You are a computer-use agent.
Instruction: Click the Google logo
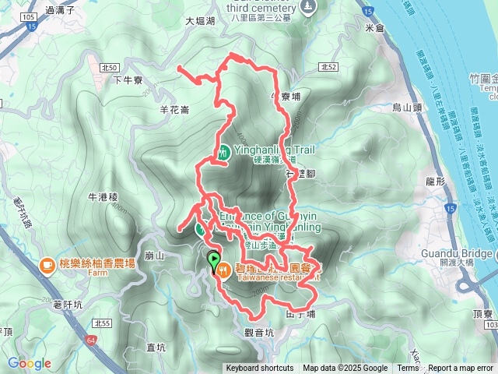tap(30, 364)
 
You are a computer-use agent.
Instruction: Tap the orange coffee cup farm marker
tap(47, 265)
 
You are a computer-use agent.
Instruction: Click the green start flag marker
tap(213, 262)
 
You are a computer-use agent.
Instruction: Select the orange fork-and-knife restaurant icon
tap(224, 270)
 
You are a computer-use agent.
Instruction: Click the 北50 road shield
tap(109, 69)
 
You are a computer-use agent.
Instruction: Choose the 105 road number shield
tap(29, 17)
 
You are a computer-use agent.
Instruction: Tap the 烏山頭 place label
tap(405, 108)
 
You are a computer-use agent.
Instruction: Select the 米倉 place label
tap(374, 28)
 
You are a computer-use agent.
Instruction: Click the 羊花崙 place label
tap(174, 110)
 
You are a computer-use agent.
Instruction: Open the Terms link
tap(408, 369)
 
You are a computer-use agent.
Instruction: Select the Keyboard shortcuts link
tap(260, 369)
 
